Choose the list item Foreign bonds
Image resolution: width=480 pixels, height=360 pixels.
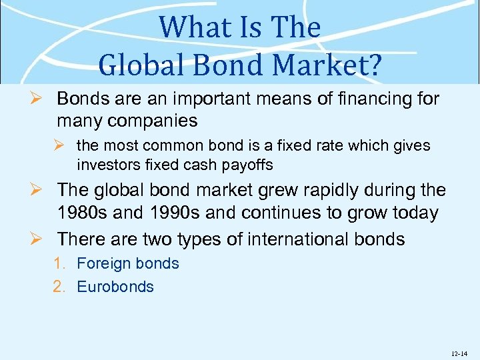point(128,263)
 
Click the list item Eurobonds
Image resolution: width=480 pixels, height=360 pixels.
point(115,287)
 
